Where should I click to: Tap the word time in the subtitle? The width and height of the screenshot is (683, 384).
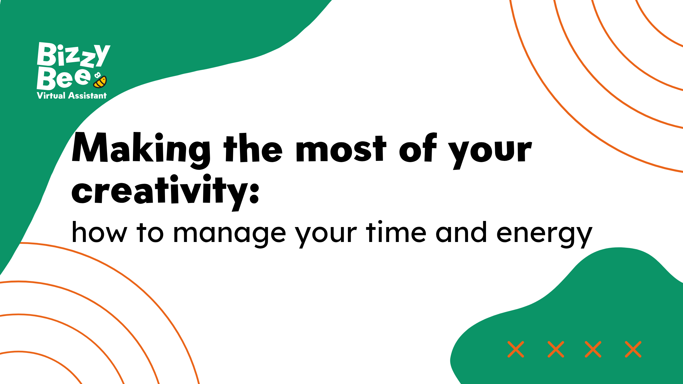point(396,232)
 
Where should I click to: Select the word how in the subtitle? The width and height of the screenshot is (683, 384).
point(99,232)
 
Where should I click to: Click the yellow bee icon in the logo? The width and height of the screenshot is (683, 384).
point(100,80)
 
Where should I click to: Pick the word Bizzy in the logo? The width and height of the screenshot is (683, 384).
point(73,55)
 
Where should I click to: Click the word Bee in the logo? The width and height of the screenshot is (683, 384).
point(64,78)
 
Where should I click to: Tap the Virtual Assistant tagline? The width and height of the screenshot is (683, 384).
point(72,96)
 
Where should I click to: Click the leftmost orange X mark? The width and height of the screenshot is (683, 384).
point(516,349)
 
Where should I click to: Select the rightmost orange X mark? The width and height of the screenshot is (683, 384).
point(633,349)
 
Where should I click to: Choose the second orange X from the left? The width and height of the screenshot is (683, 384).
point(556,349)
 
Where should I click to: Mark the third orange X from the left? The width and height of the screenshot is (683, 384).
point(593,349)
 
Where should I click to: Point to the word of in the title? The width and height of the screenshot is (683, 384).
point(418,148)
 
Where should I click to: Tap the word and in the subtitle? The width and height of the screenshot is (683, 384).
point(461,232)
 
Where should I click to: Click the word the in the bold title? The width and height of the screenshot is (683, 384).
point(253,148)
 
